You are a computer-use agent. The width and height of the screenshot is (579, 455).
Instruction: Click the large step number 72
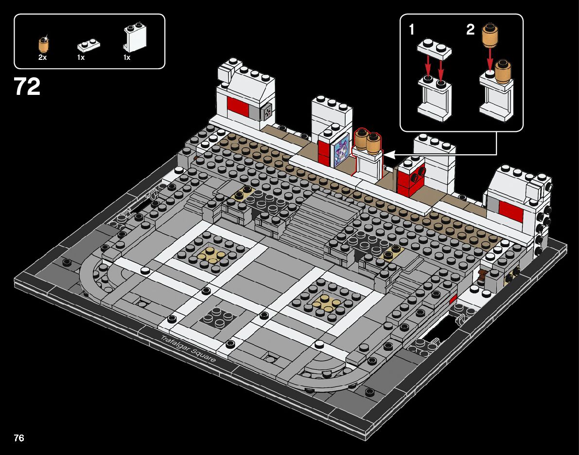point(27,87)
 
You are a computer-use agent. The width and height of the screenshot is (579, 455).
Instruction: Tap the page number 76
point(19,437)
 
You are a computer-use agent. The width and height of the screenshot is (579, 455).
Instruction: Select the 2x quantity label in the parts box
point(43,57)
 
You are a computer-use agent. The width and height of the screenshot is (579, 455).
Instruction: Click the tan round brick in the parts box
point(43,45)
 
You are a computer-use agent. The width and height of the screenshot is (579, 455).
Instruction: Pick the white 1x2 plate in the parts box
point(89,45)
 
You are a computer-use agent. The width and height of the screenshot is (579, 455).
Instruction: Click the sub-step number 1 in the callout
point(412,30)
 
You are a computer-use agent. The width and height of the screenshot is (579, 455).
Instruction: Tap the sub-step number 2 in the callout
point(470,30)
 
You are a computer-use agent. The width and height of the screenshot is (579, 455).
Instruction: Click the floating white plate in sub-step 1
point(434,49)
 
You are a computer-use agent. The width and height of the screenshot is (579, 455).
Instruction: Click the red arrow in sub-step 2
point(490,59)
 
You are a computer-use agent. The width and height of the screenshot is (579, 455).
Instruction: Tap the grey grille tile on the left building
point(267,112)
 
